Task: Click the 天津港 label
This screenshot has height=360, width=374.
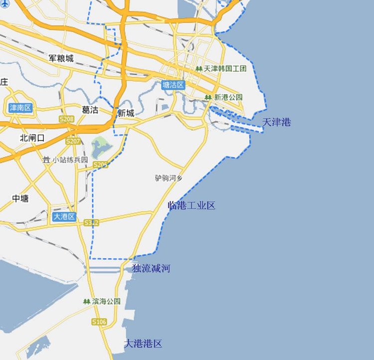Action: [276, 122]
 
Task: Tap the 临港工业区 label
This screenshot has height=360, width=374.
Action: [191, 205]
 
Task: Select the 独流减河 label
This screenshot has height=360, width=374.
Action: [151, 269]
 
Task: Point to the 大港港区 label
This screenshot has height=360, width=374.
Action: [143, 344]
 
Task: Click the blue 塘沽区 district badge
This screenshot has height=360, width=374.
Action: [174, 85]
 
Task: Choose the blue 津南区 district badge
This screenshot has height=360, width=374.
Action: [20, 108]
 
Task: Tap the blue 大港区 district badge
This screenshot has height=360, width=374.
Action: [64, 216]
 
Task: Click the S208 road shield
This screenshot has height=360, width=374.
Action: [66, 120]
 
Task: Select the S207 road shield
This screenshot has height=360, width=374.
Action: [73, 141]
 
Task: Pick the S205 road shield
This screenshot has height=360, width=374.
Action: [100, 165]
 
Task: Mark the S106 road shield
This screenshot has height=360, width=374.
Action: [99, 322]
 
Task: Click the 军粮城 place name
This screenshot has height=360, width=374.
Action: [61, 58]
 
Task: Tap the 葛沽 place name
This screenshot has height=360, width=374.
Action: [90, 110]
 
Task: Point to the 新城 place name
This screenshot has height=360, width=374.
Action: [126, 114]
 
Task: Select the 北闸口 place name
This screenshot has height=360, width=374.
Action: [32, 138]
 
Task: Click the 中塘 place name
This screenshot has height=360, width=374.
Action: [20, 198]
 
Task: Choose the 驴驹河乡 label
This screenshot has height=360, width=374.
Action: [169, 178]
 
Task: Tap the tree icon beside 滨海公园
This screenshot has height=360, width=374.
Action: [87, 302]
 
